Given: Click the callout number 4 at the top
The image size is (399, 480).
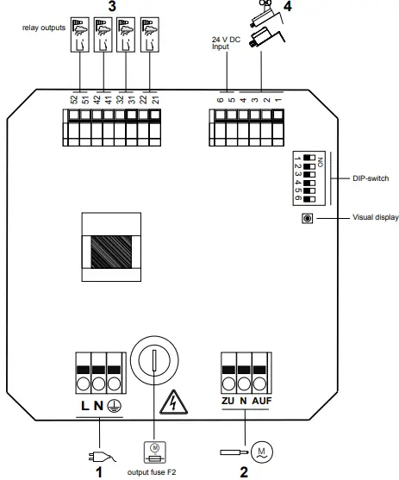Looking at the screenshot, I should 288,7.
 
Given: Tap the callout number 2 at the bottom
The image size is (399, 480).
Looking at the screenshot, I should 244,471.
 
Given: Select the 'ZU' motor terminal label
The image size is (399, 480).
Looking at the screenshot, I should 228,402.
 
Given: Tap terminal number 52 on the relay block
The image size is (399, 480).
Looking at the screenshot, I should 75,98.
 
